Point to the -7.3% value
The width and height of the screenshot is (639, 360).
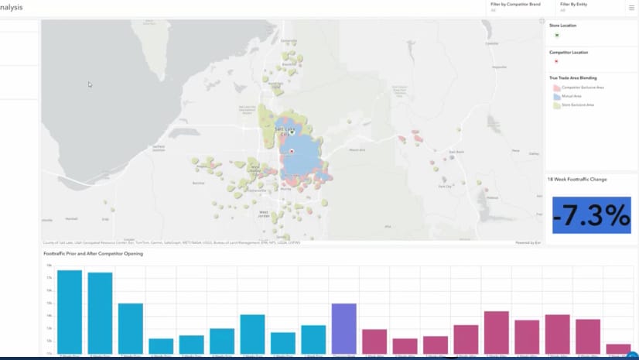[x=591, y=217]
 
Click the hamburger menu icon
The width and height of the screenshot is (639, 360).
[x=631, y=7]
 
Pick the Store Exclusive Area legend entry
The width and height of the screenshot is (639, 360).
[x=577, y=105]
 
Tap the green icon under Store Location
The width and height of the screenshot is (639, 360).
[x=556, y=36]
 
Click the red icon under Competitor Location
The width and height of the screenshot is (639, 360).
[x=556, y=62]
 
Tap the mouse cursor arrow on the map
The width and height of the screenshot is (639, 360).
[x=90, y=84]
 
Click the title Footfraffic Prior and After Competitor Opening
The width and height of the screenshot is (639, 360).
[x=93, y=254]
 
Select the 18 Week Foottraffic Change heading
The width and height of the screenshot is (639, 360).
[x=578, y=180]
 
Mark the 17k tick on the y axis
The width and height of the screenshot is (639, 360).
[x=49, y=278]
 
